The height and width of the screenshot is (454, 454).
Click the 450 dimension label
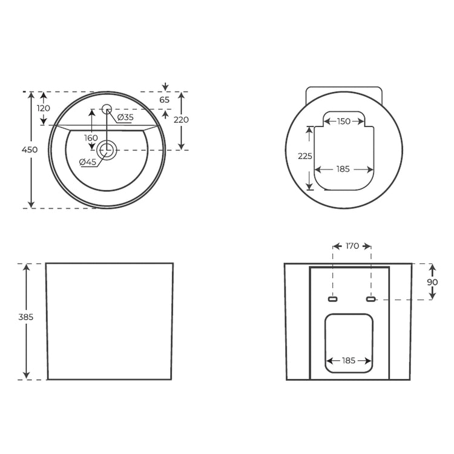pos(30,150)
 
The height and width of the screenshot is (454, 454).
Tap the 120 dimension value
pos(44,108)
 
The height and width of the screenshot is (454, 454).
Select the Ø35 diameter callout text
pos(125,117)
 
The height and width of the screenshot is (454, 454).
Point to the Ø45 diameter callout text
pos(87,162)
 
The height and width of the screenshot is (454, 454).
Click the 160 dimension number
pos(91,138)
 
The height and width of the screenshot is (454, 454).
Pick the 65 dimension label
pos(165,100)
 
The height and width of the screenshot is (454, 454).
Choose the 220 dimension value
pos(181,120)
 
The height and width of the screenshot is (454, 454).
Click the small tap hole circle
pos(107,109)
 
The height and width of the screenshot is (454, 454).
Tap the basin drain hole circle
pos(107,150)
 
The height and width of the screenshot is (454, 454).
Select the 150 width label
pos(344,121)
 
